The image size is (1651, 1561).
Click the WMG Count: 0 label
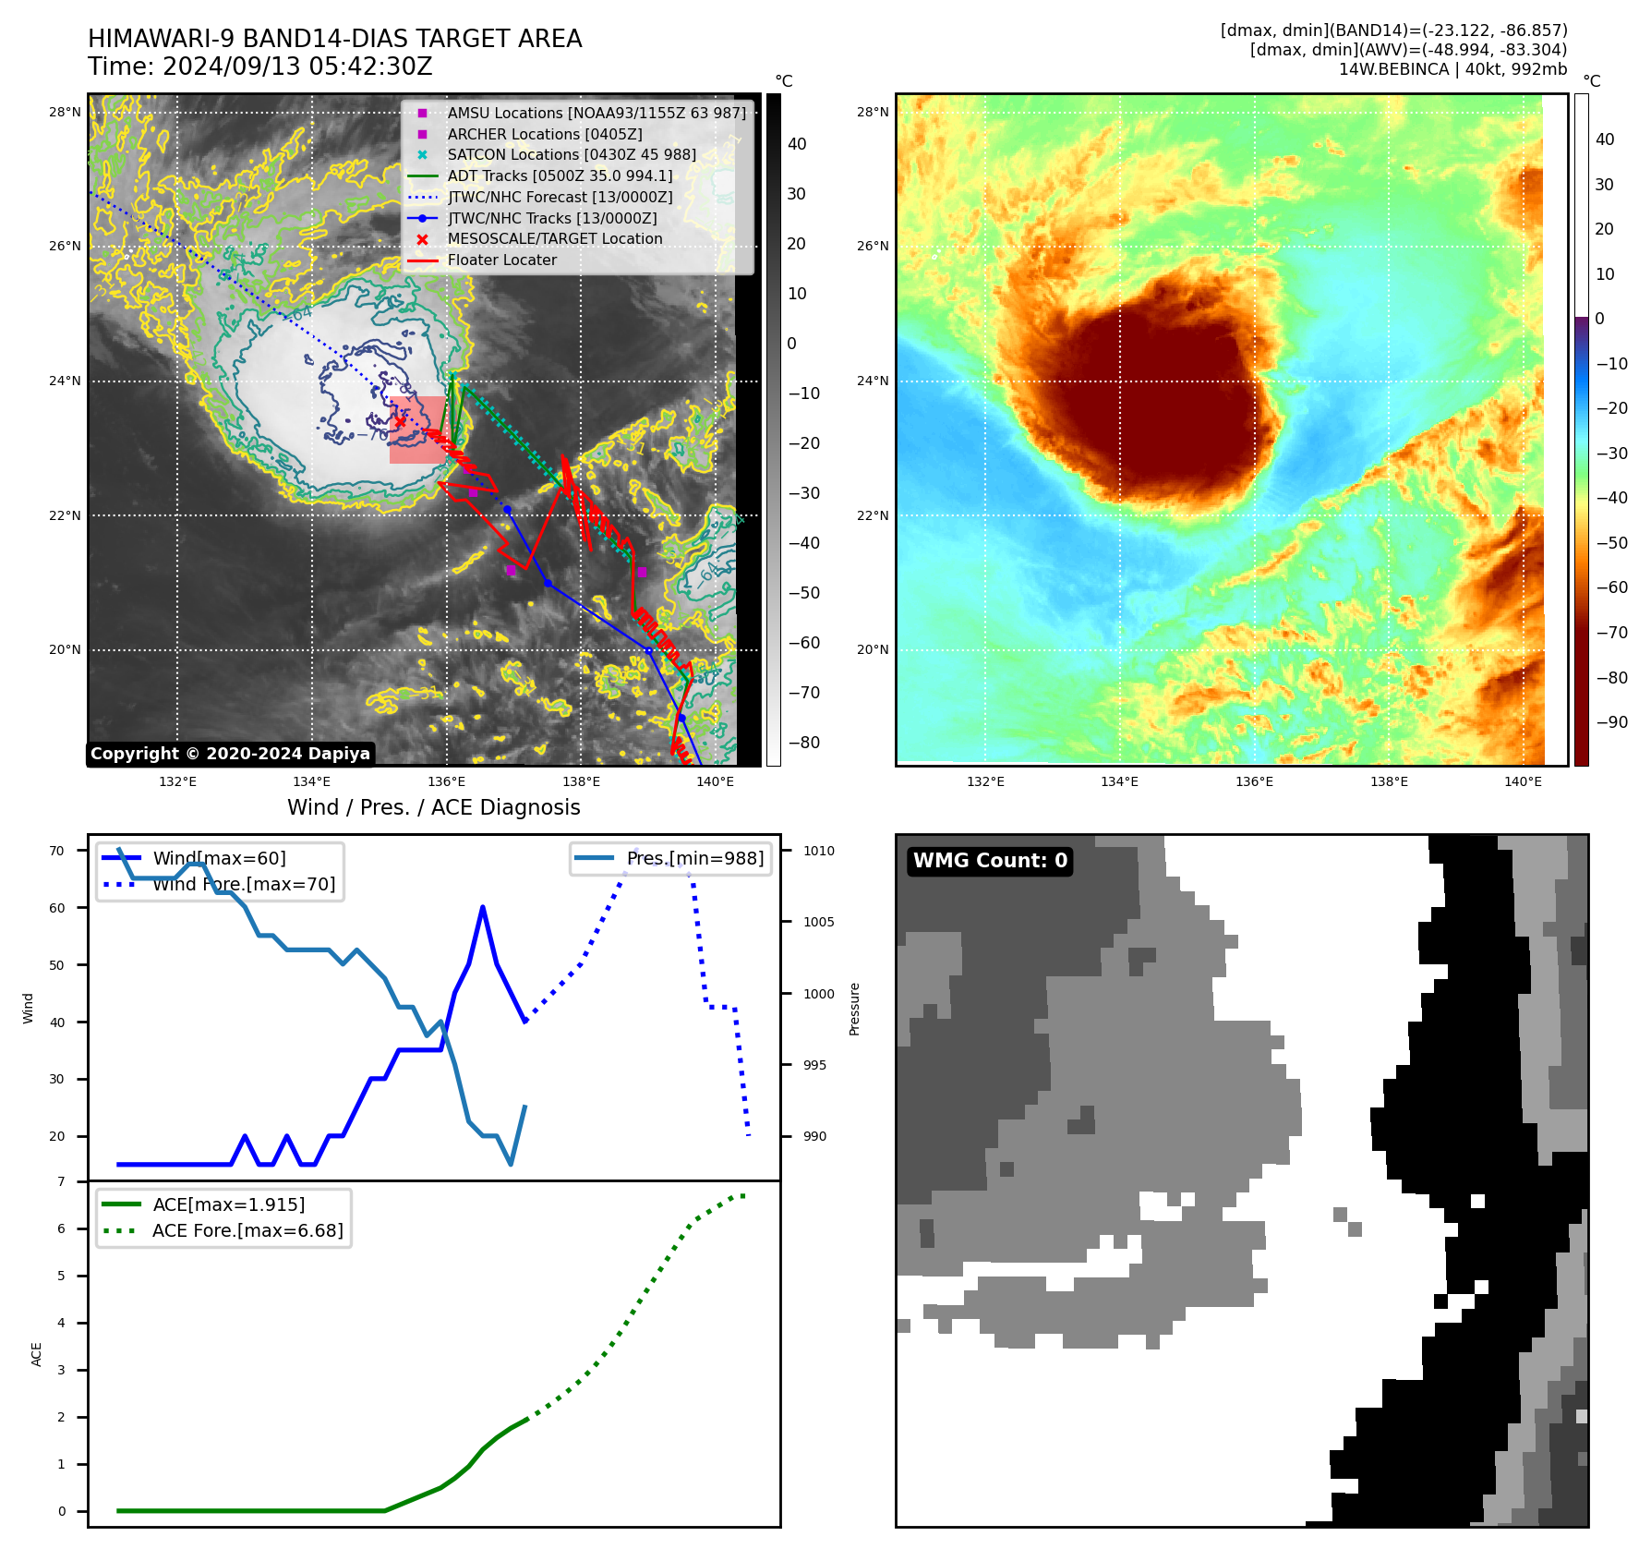tap(990, 861)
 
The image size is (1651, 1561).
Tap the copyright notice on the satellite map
tap(230, 754)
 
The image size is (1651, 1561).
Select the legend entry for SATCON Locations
tap(572, 155)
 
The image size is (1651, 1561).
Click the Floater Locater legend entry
tap(501, 260)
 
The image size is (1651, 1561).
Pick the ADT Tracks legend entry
tap(560, 175)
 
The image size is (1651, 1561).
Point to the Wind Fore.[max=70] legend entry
tap(244, 884)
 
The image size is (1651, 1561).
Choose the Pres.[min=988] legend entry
tap(694, 858)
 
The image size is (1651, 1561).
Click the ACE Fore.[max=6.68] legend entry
tap(247, 1230)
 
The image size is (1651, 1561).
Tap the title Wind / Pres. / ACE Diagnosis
tap(433, 807)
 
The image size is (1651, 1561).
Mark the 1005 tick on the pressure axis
tap(818, 922)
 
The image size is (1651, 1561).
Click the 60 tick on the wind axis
tap(57, 908)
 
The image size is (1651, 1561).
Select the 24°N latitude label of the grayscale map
tap(65, 381)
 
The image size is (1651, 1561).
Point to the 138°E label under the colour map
tap(1389, 781)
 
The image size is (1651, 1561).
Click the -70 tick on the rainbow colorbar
tap(1611, 633)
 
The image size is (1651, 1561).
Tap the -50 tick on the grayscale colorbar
tap(803, 593)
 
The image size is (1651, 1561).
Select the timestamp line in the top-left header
tap(260, 67)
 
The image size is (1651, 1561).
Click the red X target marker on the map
tap(399, 422)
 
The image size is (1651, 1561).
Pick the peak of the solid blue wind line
tap(483, 907)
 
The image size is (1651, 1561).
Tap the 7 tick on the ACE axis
tap(62, 1181)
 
